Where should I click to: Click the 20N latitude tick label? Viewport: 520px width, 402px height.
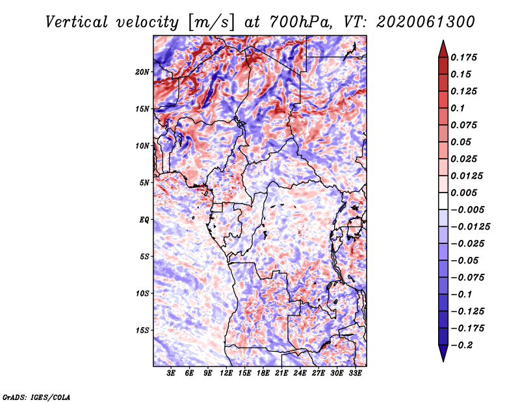coord(142,72)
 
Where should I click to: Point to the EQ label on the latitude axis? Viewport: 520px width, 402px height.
coord(144,220)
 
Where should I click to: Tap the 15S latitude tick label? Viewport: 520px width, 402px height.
coord(142,330)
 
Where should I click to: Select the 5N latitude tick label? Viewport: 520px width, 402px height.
coord(144,183)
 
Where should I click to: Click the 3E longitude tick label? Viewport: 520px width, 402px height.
coord(172,373)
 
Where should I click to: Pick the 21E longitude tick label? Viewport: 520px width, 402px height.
coord(282,373)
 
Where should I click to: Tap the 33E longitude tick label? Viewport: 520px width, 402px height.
coord(356,373)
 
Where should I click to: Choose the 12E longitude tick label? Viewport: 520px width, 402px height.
coord(227,373)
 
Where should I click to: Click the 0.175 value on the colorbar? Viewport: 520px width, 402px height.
coord(465,57)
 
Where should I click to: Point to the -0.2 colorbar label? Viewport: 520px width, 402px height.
coord(463,345)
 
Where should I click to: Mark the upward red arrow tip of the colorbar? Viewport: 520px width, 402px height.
coord(443,44)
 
